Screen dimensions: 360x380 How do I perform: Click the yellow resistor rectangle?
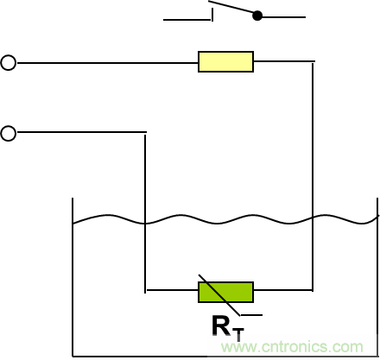pos(225,61)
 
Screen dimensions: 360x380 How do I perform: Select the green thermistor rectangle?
pos(225,292)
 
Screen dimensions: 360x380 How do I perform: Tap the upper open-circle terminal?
pos(9,62)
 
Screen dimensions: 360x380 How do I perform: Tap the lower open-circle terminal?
pos(9,133)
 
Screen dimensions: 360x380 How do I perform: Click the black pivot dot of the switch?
pos(257,16)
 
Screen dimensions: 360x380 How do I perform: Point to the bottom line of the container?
pos(225,355)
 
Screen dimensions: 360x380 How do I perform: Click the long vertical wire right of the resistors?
pos(313,173)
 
